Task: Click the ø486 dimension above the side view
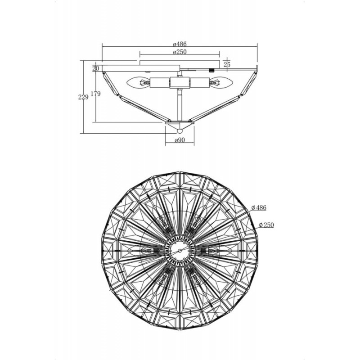180,44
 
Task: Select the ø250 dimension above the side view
180,52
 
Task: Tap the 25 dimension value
227,64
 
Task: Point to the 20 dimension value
96,68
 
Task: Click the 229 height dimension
83,97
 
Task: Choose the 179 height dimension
96,94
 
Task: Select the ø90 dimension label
180,140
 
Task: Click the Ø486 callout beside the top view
259,207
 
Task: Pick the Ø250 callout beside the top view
266,225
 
